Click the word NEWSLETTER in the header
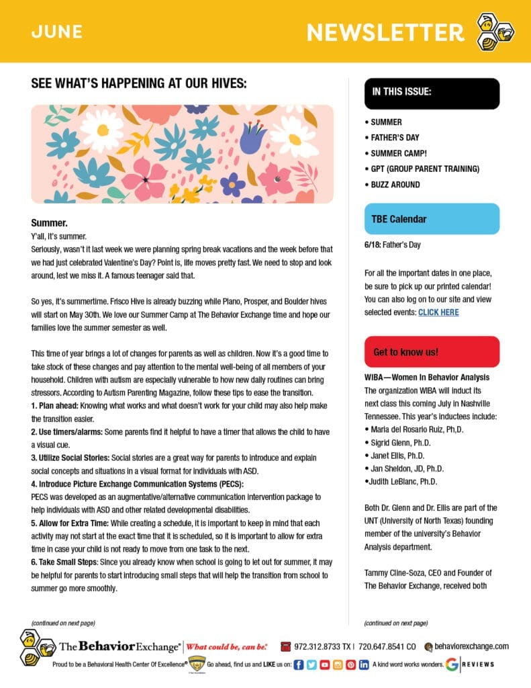385,32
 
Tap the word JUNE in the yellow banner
56,32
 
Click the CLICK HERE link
438,312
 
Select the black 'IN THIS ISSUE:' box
432,93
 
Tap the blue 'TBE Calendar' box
432,219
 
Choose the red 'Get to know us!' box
432,351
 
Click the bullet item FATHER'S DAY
395,138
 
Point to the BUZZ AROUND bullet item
395,184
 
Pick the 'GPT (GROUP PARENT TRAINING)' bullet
425,169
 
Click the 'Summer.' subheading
50,222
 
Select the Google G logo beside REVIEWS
451,664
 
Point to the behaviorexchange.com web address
472,646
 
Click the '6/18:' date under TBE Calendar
373,245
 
